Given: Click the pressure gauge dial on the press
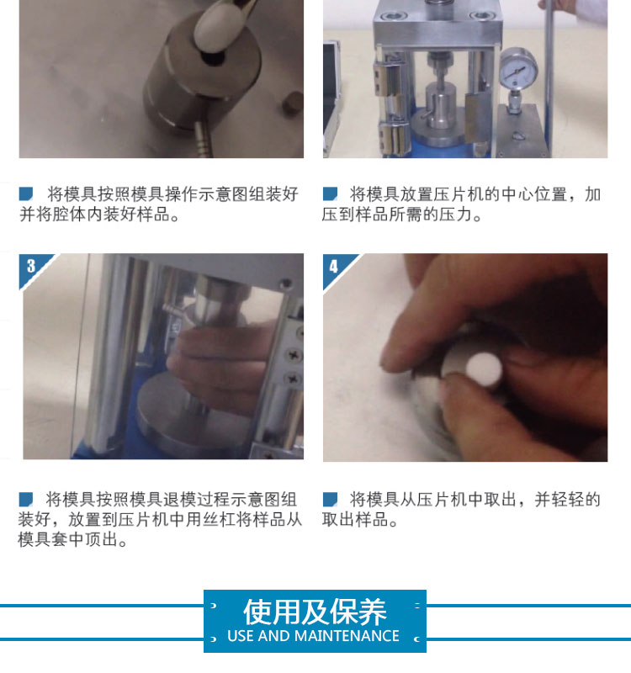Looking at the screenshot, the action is pos(518,69).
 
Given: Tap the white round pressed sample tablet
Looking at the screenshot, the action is pos(484,370).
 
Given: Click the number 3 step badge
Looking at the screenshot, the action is pos(32,266).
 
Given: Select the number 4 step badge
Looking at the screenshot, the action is pos(334,267).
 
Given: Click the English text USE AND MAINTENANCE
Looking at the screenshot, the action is pos(313,636).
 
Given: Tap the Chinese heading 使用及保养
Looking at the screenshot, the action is pos(315,612).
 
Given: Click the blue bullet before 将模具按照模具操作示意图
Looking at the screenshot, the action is pos(26,193).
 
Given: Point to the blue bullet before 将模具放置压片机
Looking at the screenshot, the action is pos(330,193).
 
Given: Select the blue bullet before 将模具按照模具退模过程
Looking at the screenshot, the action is pos(26,499).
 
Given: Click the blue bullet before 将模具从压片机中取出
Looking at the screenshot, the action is pos(330,499).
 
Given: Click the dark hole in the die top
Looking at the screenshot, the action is pos(214,59).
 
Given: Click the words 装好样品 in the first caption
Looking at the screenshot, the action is pos(136,215).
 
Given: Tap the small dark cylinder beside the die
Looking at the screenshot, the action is pos(294,103).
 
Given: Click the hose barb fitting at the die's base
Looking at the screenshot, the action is pos(202,139).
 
